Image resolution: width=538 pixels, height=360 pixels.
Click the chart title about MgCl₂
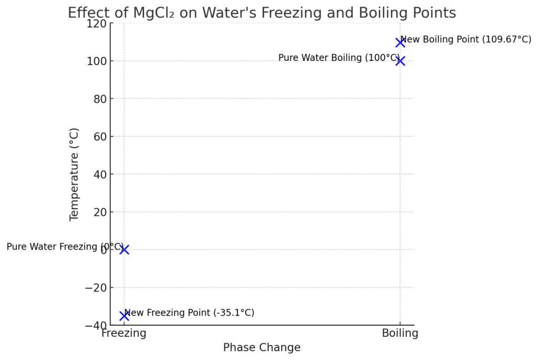tap(262, 13)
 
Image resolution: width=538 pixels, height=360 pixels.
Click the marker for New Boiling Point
tap(400, 43)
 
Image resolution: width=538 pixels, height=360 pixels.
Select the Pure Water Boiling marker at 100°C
tap(400, 61)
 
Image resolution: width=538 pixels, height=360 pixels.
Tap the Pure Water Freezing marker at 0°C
tap(124, 250)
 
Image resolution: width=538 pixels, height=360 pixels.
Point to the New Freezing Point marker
tap(124, 316)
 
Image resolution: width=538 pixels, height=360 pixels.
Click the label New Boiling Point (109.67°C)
tap(465, 39)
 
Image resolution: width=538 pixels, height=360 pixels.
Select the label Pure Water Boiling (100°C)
tap(339, 58)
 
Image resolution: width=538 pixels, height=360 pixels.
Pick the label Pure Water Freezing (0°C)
tap(65, 246)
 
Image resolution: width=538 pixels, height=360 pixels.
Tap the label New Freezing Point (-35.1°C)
tap(189, 313)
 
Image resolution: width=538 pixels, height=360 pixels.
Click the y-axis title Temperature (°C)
tap(74, 174)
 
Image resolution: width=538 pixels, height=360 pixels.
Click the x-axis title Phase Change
tap(262, 347)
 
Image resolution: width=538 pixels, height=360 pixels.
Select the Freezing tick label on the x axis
tap(124, 333)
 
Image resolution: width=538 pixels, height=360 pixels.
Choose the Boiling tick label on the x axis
tap(400, 333)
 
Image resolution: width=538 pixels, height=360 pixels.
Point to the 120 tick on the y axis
tap(98, 24)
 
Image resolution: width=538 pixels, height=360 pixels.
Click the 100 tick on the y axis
tap(98, 61)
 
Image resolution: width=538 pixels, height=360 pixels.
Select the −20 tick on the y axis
tap(96, 287)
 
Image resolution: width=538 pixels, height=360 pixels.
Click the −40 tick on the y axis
tap(96, 325)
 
